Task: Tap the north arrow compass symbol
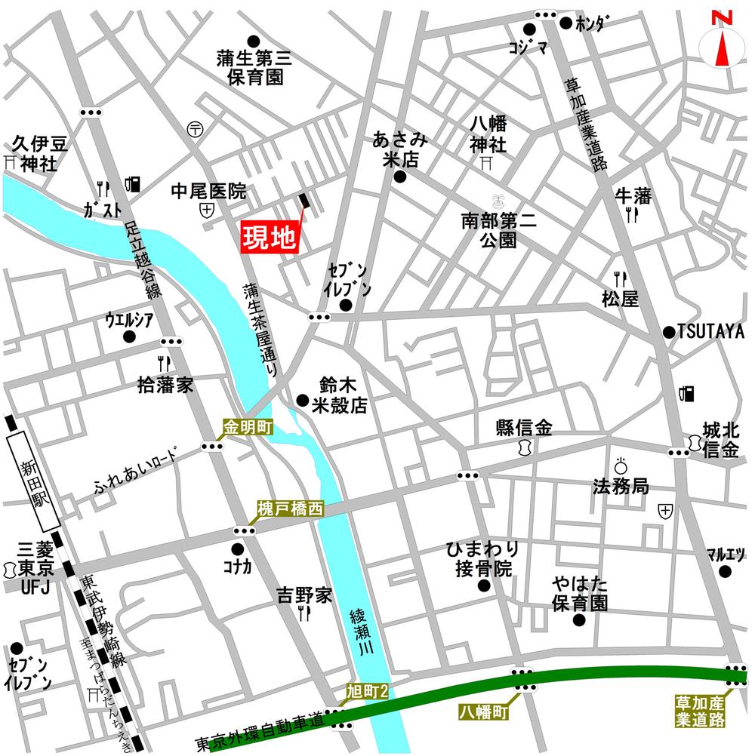[x=721, y=44]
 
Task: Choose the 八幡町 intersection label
[x=483, y=711]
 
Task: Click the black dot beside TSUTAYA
[x=668, y=332]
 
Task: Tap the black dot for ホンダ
[x=565, y=23]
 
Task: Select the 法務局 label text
[x=621, y=487]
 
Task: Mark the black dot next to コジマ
[x=529, y=29]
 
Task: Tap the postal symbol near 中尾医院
[x=196, y=129]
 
